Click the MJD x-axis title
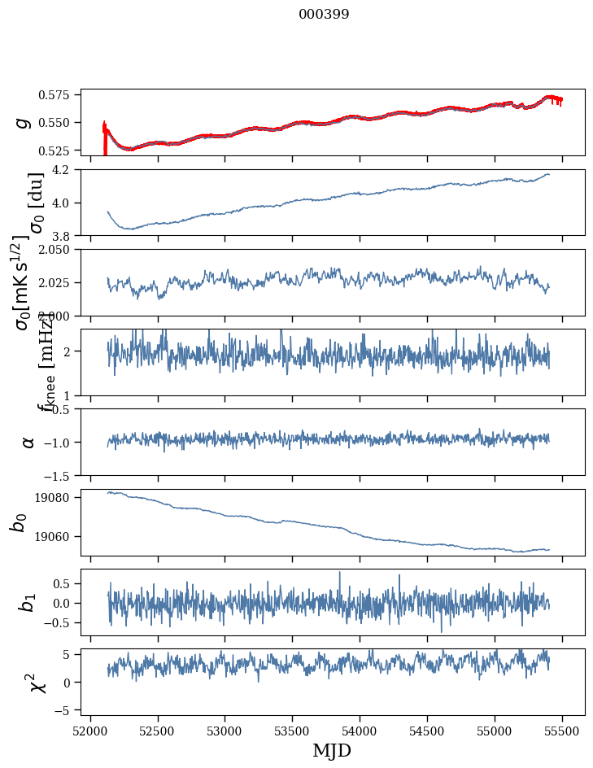[332, 750]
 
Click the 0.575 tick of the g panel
[60, 95]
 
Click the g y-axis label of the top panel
[24, 122]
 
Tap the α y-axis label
[28, 442]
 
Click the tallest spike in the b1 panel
[340, 572]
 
